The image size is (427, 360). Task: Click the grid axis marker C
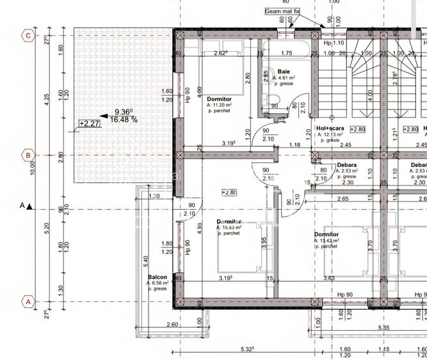28,35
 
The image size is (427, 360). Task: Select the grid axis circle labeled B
28,155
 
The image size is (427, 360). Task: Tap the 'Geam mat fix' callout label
282,12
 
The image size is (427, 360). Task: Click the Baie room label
284,72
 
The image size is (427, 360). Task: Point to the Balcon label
157,277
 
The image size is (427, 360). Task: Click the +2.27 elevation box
88,123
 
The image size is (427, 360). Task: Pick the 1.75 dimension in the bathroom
286,54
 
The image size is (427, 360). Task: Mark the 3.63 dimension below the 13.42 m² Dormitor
329,278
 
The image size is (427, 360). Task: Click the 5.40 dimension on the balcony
145,260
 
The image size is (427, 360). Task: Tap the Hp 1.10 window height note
334,43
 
